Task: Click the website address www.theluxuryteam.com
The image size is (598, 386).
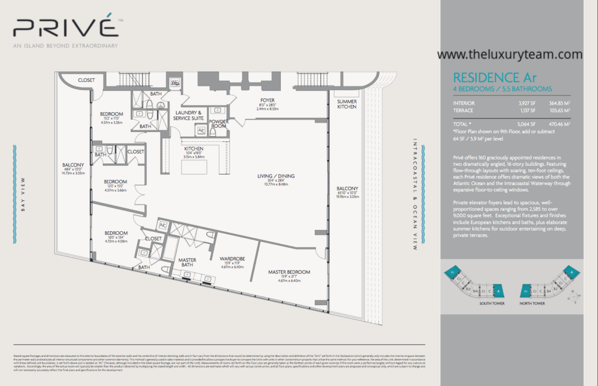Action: pyautogui.click(x=509, y=54)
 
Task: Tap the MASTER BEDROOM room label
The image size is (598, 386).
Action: pyautogui.click(x=289, y=272)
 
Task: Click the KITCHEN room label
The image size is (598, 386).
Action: pyautogui.click(x=193, y=148)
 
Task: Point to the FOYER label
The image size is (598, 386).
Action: pyautogui.click(x=267, y=100)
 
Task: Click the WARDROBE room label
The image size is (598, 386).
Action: pyautogui.click(x=231, y=258)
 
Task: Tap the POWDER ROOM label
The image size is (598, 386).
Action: pyautogui.click(x=219, y=124)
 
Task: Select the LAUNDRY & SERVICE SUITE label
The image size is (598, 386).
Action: pyautogui.click(x=189, y=115)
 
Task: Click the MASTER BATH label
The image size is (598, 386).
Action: pyautogui.click(x=187, y=262)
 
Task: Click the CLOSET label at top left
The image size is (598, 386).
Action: pyautogui.click(x=86, y=80)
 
